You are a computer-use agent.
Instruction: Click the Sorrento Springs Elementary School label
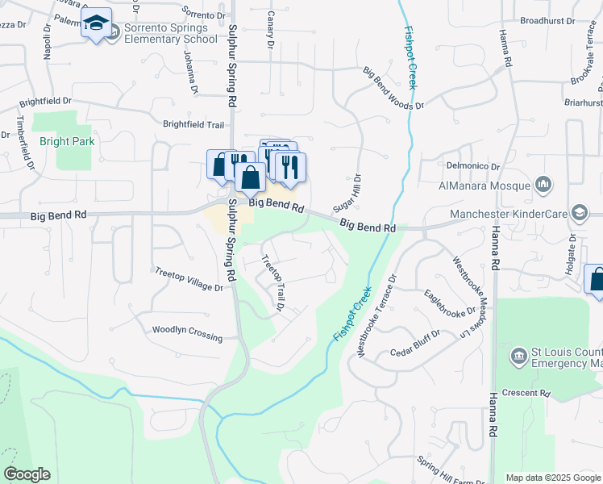pyautogui.click(x=170, y=33)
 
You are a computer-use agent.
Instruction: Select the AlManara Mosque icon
pyautogui.click(x=543, y=186)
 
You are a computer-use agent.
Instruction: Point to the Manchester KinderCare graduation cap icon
pyautogui.click(x=579, y=213)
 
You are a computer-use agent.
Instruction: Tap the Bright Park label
pyautogui.click(x=67, y=141)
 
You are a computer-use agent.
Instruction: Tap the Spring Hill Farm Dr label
pyautogui.click(x=451, y=470)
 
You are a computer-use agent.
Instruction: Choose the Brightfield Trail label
pyautogui.click(x=193, y=124)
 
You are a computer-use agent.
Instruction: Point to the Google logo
pyautogui.click(x=27, y=474)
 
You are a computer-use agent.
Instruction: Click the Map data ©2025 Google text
pyautogui.click(x=553, y=478)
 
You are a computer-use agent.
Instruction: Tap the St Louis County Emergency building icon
pyautogui.click(x=518, y=356)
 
